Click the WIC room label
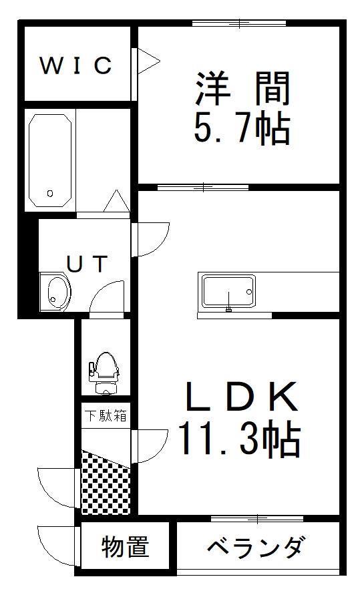pos(75,65)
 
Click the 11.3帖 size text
pos(240,439)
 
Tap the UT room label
pos(87,264)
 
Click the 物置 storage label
pos(125,546)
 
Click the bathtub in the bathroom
pos(50,160)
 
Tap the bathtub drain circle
pos(50,193)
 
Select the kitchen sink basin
pos(228,291)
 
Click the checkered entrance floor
pos(106,483)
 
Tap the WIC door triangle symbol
pos(148,61)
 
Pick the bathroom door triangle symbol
pos(117,201)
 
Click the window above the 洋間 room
pos(239,24)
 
